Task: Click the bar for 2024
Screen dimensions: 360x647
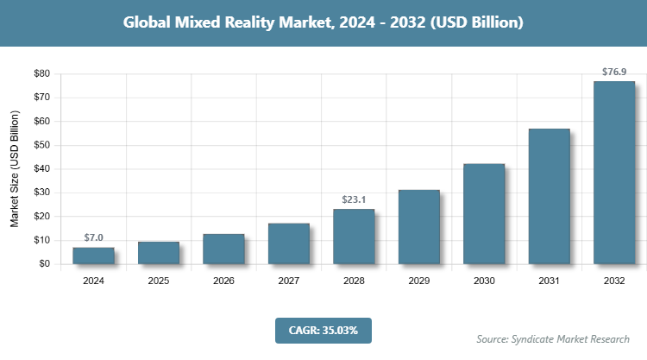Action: (x=93, y=256)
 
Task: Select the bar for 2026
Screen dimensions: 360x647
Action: (x=223, y=249)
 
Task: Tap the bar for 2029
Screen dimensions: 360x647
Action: (x=418, y=227)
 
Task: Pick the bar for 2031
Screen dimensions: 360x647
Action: (x=549, y=196)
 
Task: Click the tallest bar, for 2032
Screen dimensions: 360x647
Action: (x=614, y=173)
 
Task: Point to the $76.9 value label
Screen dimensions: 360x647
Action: (x=614, y=73)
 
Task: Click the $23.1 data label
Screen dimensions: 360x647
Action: (x=354, y=199)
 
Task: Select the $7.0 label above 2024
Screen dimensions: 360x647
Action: (x=93, y=237)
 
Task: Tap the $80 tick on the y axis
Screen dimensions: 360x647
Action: (x=41, y=73)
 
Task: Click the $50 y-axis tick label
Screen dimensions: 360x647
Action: (x=41, y=145)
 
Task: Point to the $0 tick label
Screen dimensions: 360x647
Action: (x=44, y=264)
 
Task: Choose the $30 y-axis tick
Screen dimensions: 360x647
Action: (x=41, y=193)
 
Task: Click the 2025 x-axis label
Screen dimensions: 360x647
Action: (x=159, y=281)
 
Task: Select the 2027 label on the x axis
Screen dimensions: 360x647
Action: (x=289, y=281)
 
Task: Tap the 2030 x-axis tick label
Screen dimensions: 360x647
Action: (x=484, y=281)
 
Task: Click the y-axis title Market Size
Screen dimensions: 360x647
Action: (x=15, y=168)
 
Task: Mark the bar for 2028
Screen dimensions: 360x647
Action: (x=354, y=237)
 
